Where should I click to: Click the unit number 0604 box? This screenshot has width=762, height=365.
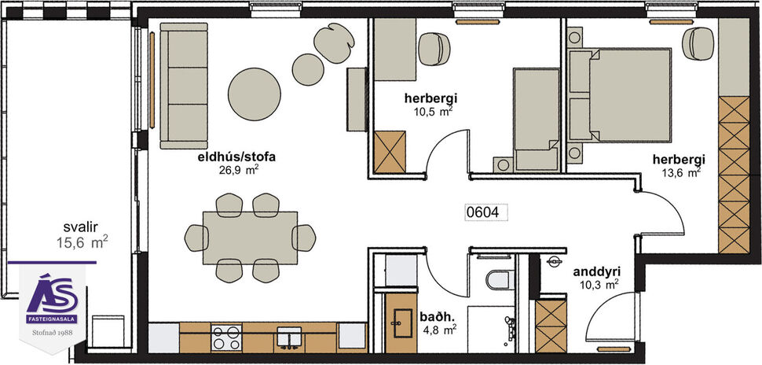pos(485,212)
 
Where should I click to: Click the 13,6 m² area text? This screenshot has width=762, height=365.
pos(680,173)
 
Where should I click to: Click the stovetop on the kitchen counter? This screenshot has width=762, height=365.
pos(226,337)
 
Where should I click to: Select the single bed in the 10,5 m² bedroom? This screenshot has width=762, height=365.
pos(534,118)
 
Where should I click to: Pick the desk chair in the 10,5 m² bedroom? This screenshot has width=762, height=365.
pos(432,49)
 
